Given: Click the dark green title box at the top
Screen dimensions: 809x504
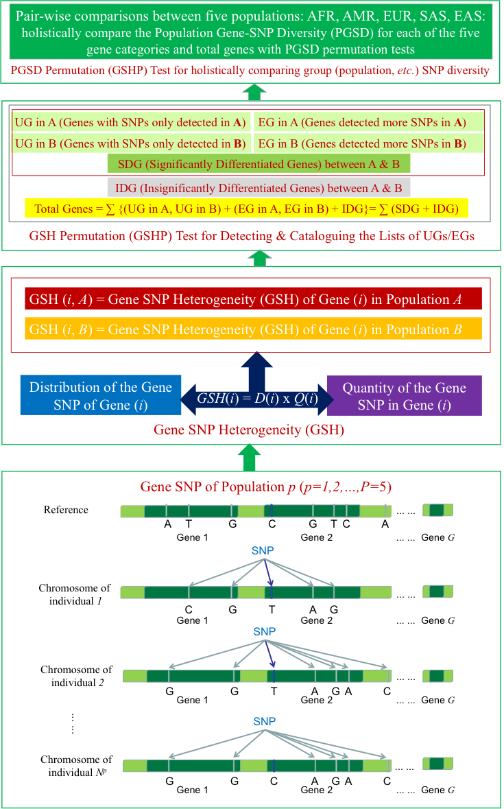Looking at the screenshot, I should click(x=252, y=32).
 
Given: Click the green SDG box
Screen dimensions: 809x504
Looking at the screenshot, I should click(x=259, y=165).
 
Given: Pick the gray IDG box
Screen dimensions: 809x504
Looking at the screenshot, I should click(x=259, y=187).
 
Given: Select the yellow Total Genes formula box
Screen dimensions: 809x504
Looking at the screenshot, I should click(x=245, y=208).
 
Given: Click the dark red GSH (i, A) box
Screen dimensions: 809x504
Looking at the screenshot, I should click(x=253, y=299).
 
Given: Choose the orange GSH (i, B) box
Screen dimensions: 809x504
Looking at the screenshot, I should click(x=253, y=329).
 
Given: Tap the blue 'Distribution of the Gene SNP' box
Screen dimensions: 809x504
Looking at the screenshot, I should click(x=100, y=396).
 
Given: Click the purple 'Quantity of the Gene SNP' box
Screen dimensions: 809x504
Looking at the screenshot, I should click(x=404, y=396).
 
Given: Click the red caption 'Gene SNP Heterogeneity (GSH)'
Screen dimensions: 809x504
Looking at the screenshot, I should click(x=248, y=431).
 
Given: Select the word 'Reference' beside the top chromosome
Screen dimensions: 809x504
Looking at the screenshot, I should click(x=66, y=510).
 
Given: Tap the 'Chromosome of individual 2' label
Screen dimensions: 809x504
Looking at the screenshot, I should click(x=76, y=675).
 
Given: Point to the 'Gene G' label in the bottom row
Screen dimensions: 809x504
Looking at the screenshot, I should click(x=437, y=790).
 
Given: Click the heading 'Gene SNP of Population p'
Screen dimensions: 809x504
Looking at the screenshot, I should click(x=265, y=487).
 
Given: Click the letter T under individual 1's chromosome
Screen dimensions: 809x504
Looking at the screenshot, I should click(x=272, y=609).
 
